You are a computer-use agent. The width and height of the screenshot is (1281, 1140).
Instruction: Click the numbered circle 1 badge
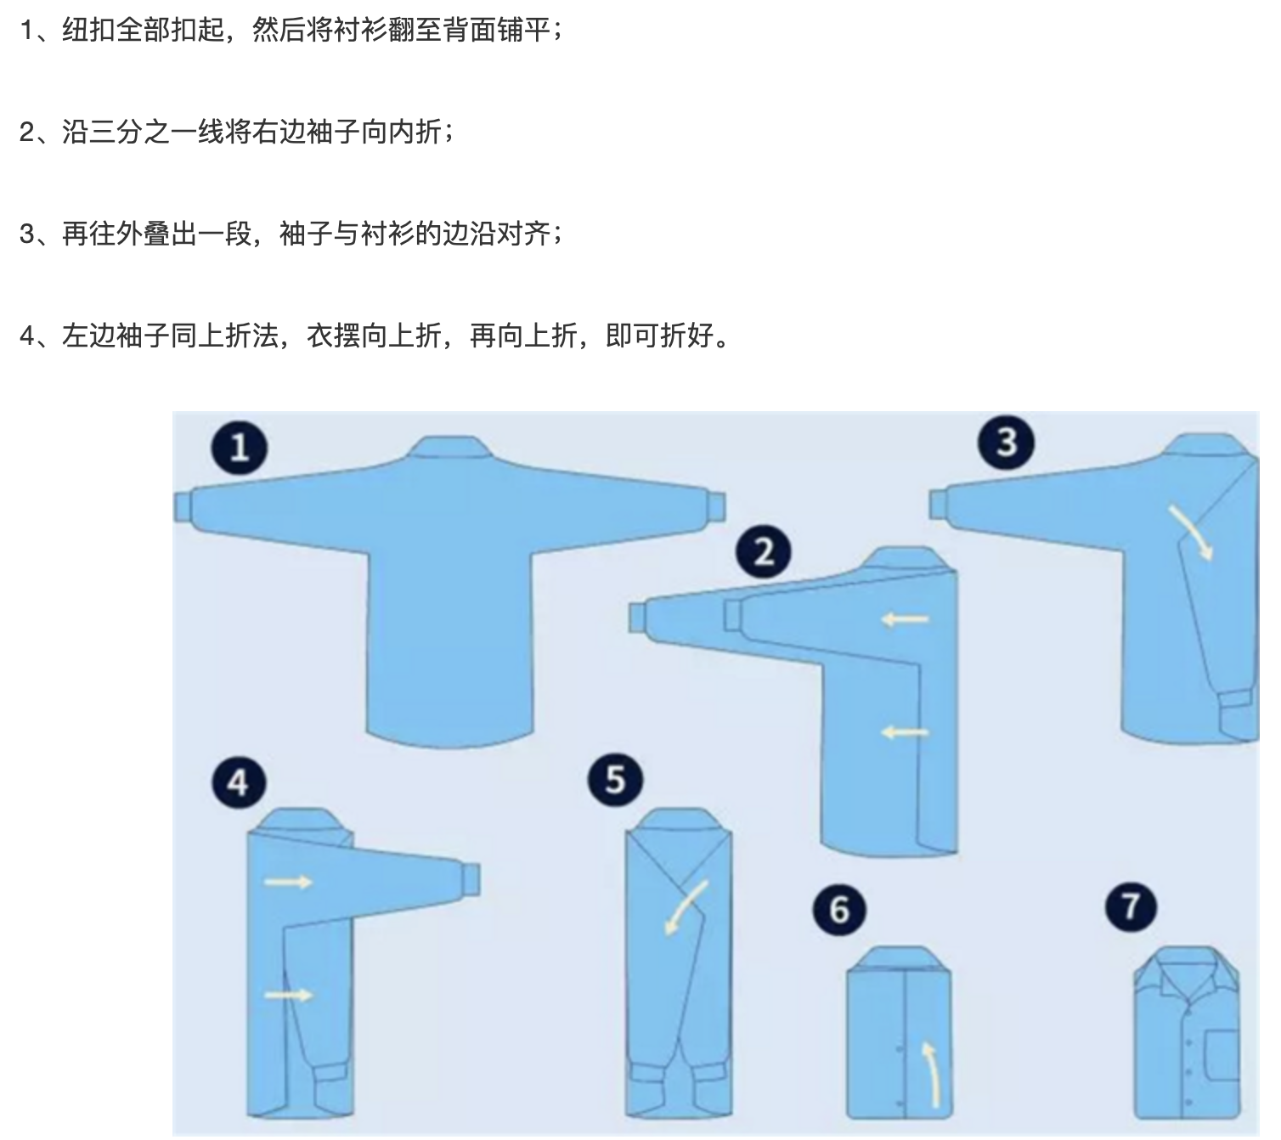(x=239, y=447)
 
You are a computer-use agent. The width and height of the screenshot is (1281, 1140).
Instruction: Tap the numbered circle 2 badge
(x=763, y=551)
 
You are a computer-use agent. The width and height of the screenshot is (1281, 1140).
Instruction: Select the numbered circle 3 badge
(x=1006, y=442)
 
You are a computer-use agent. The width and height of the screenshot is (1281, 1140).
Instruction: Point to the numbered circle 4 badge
(x=239, y=782)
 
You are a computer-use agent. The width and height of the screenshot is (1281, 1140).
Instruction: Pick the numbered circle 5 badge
(x=615, y=779)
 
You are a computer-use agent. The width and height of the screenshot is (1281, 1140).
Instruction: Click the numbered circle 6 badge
(x=839, y=910)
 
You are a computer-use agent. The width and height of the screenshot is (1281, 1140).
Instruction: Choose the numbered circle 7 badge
(x=1131, y=906)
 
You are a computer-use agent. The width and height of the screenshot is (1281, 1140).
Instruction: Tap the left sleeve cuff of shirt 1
(x=182, y=506)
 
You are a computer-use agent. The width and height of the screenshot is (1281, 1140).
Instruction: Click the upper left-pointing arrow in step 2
(x=905, y=619)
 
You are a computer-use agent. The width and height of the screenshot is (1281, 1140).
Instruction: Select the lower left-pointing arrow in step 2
(x=905, y=732)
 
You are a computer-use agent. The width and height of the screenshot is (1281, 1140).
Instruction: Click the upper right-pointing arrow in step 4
(x=288, y=882)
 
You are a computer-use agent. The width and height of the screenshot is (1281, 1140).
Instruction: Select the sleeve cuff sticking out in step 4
(x=471, y=879)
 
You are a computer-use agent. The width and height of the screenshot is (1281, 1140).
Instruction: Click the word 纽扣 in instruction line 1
(x=88, y=29)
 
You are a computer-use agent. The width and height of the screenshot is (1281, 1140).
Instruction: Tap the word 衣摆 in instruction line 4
(x=333, y=335)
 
